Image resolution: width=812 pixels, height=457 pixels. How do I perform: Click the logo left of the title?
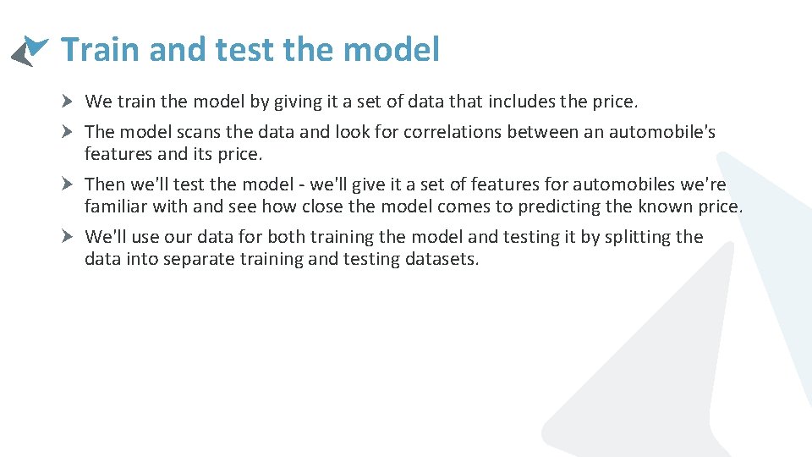30,51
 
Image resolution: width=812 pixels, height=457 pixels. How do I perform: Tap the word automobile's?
661,133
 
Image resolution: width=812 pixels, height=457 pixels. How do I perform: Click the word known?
659,207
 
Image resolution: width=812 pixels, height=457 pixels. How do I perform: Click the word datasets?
443,260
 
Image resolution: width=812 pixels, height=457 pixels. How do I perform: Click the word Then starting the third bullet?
105,185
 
